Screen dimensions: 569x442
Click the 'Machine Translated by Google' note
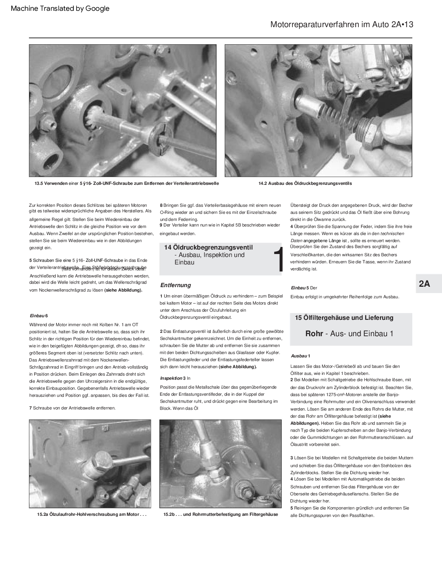pos(60,9)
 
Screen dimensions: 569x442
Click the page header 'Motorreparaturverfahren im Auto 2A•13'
pos(341,25)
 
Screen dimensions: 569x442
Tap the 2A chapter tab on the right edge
pos(425,284)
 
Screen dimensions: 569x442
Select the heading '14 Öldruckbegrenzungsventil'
pos(208,247)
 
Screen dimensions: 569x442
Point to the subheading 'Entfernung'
pos(175,285)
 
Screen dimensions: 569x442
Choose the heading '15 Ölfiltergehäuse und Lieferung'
pos(344,318)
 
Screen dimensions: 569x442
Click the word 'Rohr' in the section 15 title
pos(314,333)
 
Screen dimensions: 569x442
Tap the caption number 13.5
pos(39,183)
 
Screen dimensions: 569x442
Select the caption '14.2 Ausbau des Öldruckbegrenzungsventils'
pos(305,183)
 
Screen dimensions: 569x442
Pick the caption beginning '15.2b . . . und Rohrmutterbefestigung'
pos(221,515)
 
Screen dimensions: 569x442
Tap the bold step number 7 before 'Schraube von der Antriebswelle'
pos(30,408)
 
